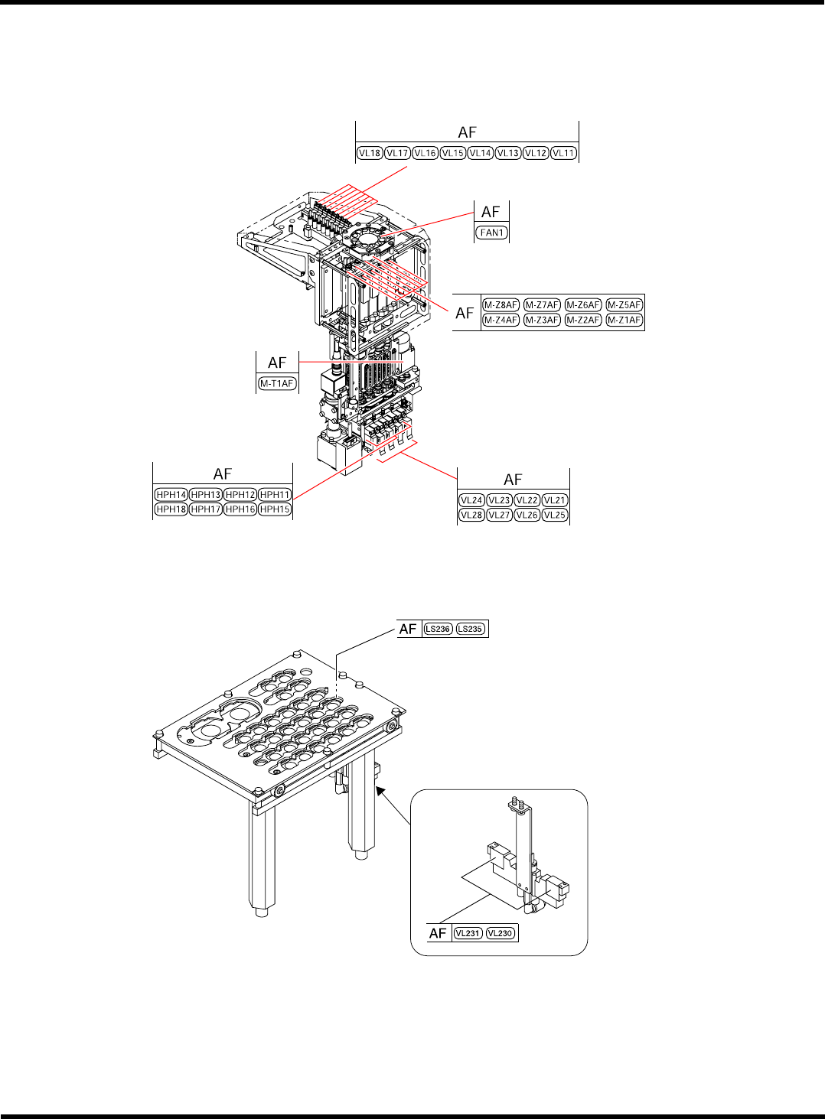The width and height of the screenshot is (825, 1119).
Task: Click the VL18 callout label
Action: (370, 153)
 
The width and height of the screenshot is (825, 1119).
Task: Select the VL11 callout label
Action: (564, 153)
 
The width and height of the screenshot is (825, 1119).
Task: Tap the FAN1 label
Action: (491, 233)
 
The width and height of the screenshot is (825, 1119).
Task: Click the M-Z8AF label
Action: (501, 304)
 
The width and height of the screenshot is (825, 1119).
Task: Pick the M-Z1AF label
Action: (624, 320)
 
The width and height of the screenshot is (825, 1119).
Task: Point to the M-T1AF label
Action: (277, 383)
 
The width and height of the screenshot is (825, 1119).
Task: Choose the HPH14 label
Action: (171, 495)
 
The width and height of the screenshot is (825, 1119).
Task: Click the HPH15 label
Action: (275, 509)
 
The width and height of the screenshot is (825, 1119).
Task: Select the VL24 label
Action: (471, 500)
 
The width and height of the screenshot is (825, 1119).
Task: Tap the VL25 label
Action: (555, 515)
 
